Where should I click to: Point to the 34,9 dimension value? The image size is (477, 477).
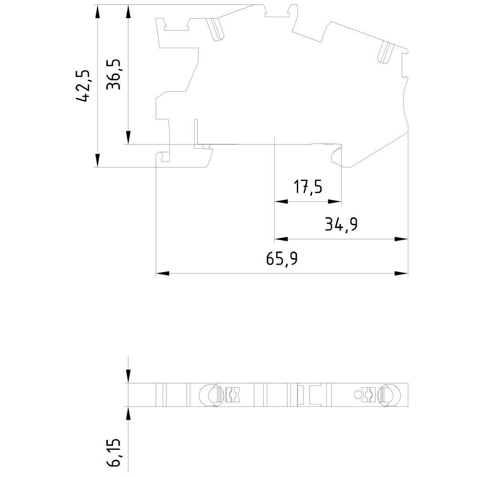pyautogui.click(x=341, y=224)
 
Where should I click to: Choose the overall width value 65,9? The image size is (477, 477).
pyautogui.click(x=282, y=259)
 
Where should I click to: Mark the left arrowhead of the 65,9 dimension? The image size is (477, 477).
pyautogui.click(x=163, y=274)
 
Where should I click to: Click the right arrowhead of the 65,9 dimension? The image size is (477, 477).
pyautogui.click(x=402, y=274)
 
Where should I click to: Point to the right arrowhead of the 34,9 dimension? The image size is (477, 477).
pyautogui.click(x=402, y=239)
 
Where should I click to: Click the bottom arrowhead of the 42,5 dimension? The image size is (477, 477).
pyautogui.click(x=97, y=161)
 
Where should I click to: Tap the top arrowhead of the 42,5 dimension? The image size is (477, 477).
pyautogui.click(x=97, y=11)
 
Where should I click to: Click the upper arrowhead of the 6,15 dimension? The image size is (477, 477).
pyautogui.click(x=128, y=377)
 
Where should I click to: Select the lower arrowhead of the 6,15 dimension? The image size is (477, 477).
pyautogui.click(x=128, y=414)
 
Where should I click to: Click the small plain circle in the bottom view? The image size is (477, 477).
pyautogui.click(x=358, y=394)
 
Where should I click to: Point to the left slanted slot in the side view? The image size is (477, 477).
pyautogui.click(x=216, y=30)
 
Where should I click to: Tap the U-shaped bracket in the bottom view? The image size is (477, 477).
pyautogui.click(x=315, y=395)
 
